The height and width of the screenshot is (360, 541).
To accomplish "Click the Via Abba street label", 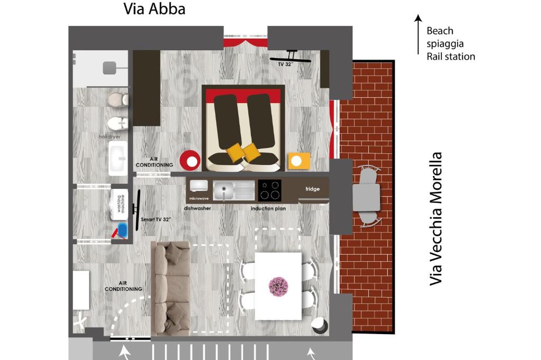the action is (154, 9).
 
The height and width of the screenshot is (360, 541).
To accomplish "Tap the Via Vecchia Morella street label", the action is (435, 219).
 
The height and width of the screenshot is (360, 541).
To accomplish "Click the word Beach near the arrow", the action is (440, 31).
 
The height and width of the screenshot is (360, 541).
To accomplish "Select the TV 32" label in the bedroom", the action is (285, 64).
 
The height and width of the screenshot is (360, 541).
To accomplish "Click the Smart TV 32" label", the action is (156, 219).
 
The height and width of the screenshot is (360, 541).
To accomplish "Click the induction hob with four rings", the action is (269, 190).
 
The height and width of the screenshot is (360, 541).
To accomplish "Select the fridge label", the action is (312, 189).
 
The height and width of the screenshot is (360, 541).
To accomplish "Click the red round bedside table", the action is (190, 161).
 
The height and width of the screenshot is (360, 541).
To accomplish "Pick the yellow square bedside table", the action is (299, 161).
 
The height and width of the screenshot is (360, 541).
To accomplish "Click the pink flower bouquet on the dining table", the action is (278, 287).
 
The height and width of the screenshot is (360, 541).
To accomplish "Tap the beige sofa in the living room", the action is (171, 288).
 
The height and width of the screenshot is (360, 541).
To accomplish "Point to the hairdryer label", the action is (110, 137).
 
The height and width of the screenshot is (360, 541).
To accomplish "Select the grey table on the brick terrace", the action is (366, 197).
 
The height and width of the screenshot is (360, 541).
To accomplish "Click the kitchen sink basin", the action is (223, 190).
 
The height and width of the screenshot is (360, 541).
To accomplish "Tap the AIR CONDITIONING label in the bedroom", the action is (154, 162).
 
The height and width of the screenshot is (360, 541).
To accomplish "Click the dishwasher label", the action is (198, 208).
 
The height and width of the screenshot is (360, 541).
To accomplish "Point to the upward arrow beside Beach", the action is (418, 34).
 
